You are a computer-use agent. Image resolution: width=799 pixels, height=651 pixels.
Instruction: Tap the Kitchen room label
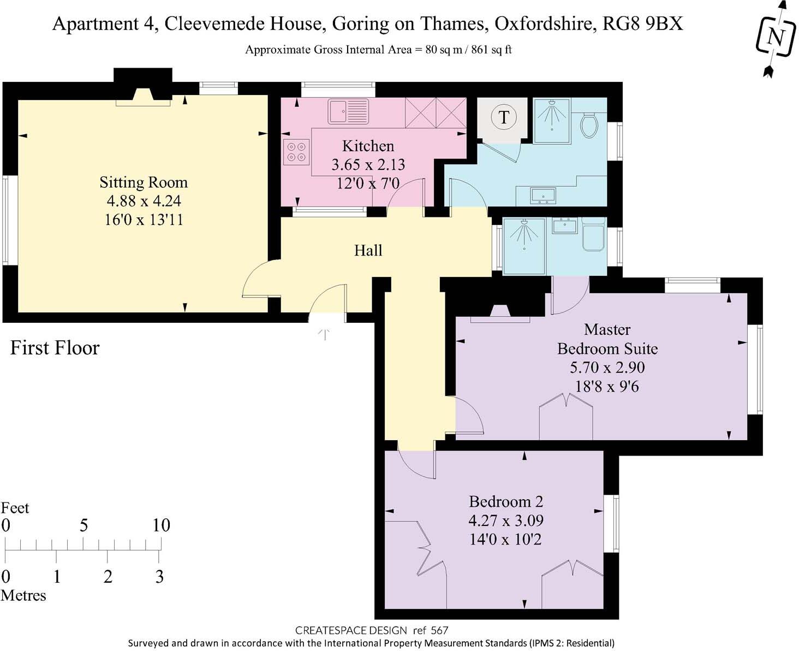click(368, 146)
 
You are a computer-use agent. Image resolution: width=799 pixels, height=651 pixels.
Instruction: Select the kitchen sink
click(348, 111)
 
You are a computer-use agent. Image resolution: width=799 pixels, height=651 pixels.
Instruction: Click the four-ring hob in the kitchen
click(296, 152)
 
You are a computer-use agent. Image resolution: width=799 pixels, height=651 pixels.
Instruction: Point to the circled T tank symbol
click(503, 117)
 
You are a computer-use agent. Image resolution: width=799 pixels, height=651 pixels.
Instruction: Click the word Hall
click(368, 251)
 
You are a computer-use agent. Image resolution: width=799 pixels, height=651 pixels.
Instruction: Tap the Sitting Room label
click(144, 182)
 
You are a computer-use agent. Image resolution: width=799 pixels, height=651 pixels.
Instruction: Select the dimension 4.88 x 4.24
click(144, 201)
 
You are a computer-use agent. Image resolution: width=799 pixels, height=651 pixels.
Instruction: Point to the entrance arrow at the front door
click(325, 334)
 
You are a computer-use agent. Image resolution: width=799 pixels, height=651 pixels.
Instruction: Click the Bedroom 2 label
click(506, 501)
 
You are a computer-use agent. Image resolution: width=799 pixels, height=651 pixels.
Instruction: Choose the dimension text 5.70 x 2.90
click(607, 368)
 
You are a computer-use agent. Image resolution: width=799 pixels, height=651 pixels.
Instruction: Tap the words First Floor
click(55, 348)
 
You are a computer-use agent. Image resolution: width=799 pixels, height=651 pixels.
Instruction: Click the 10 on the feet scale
click(161, 525)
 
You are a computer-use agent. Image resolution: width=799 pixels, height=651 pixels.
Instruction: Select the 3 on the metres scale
click(159, 577)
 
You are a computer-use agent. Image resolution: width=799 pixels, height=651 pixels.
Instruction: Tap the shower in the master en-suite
click(524, 245)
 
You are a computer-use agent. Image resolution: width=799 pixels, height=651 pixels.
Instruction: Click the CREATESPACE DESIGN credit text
click(351, 630)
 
